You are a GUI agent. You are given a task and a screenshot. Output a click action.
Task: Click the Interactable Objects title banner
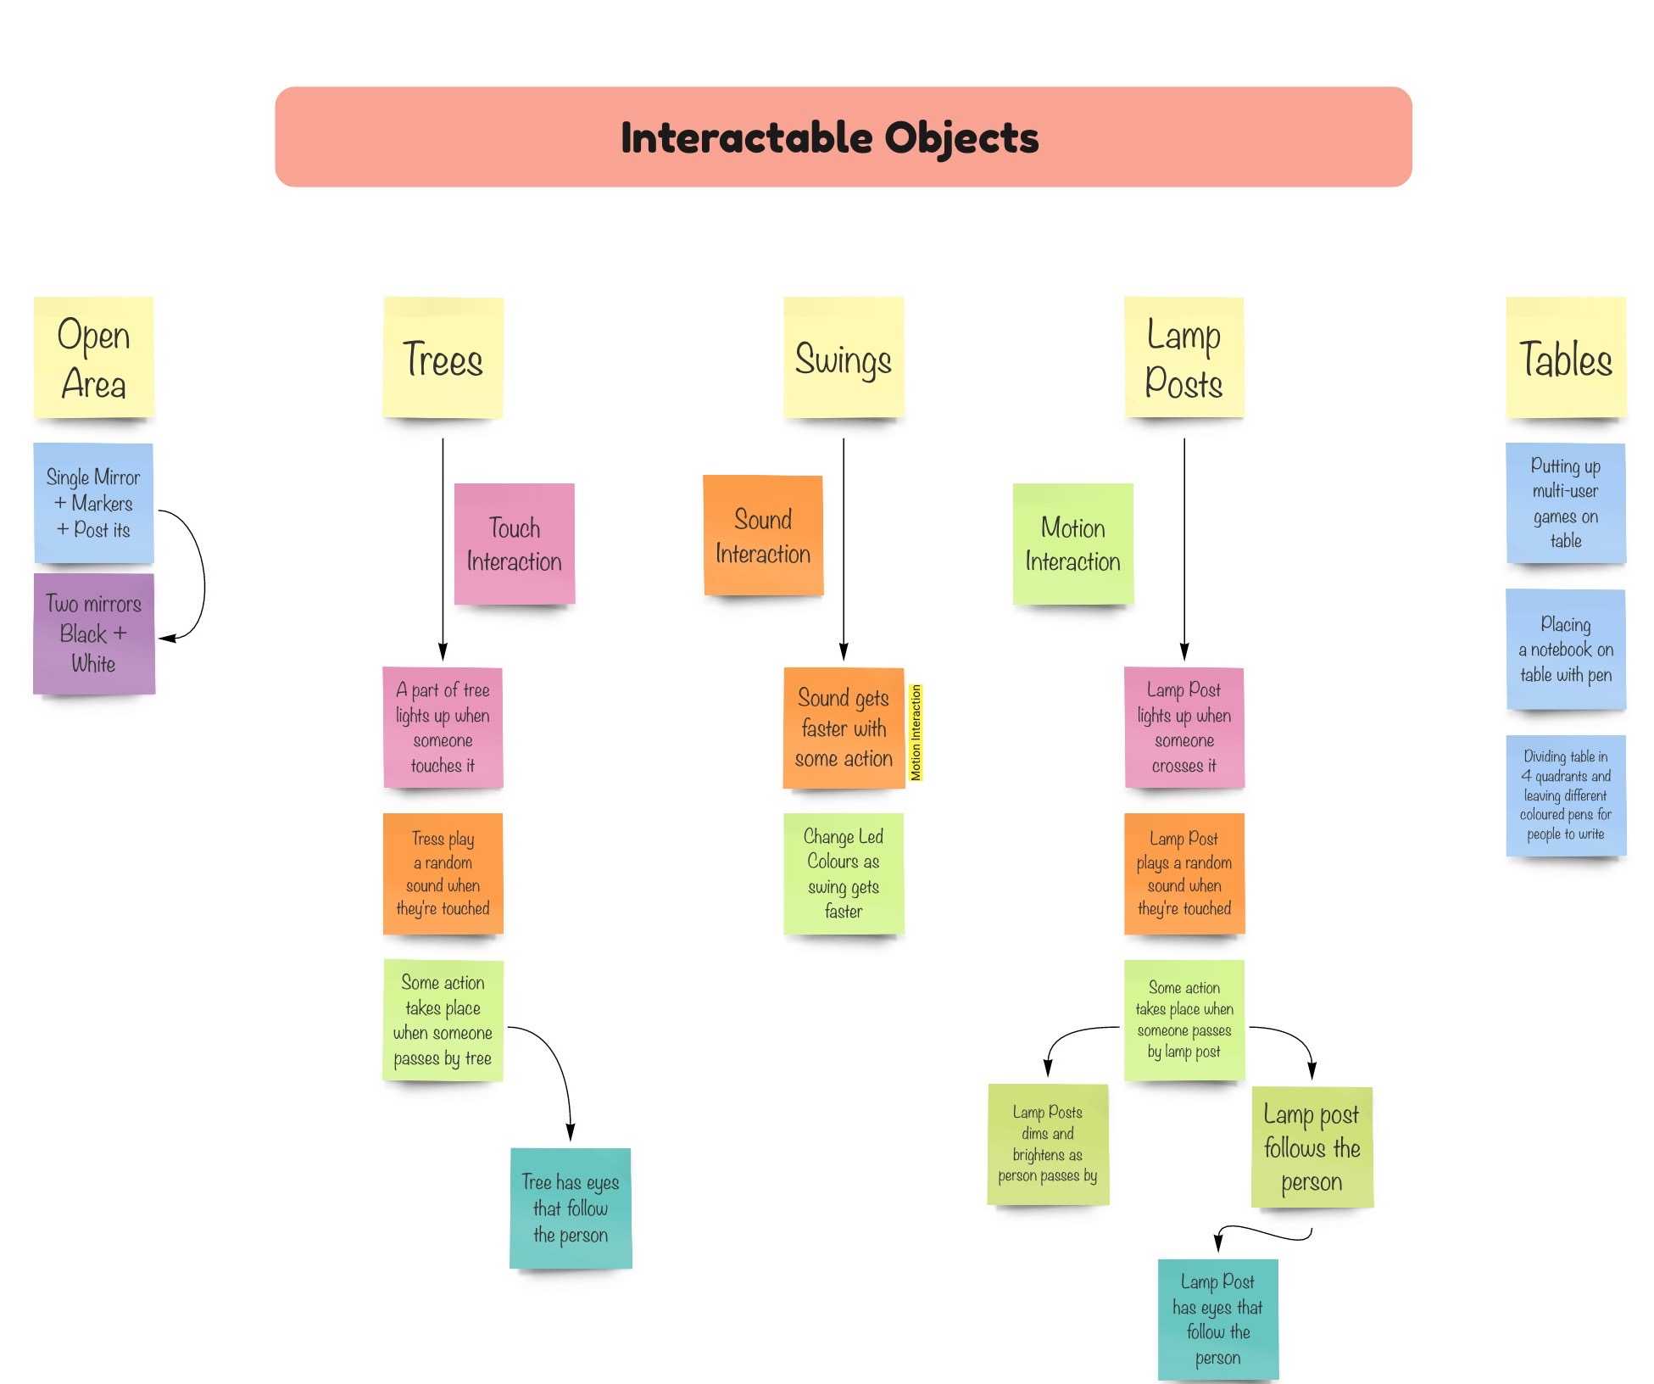pos(843,137)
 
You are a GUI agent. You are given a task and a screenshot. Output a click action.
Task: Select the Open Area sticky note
pos(93,357)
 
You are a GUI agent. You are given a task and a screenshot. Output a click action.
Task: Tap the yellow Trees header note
pos(443,357)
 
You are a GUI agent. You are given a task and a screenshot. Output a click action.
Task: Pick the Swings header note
pos(843,357)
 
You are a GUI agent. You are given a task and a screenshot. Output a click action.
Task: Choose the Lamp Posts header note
pos(1183,357)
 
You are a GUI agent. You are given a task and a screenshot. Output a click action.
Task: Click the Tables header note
pos(1565,357)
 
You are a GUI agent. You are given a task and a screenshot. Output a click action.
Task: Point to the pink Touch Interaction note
pos(514,544)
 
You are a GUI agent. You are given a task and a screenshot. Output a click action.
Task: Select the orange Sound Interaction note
pos(762,535)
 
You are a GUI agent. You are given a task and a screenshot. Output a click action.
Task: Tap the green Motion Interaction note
pos(1072,544)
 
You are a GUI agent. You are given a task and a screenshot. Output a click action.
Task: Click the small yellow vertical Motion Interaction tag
pos(915,732)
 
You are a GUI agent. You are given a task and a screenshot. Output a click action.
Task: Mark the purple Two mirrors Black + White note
pos(93,633)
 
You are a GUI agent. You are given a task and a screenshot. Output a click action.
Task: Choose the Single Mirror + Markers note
pos(93,503)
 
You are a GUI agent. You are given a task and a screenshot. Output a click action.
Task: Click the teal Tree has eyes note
pos(570,1208)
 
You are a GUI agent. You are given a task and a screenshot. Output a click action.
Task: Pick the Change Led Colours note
pos(843,873)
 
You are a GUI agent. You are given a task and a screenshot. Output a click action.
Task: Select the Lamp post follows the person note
pos(1311,1147)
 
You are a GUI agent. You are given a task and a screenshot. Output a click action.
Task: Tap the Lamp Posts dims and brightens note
pos(1047,1143)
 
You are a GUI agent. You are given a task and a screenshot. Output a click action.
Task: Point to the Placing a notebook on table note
pos(1565,649)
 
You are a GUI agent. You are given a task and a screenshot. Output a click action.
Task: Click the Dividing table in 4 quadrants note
pos(1565,795)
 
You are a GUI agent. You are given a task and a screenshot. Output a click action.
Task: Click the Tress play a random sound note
pos(443,873)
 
